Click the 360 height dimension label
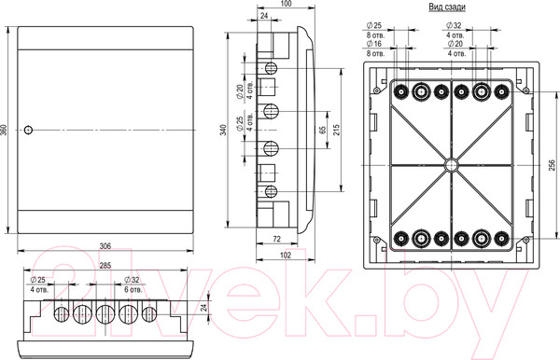[4, 130]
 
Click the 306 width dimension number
[105, 246]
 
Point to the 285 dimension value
[105, 266]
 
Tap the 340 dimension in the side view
[224, 130]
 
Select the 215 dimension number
[336, 130]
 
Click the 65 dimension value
[323, 130]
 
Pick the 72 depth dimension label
[277, 239]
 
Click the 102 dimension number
[286, 256]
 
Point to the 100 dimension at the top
[287, 4]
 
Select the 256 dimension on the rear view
[553, 165]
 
